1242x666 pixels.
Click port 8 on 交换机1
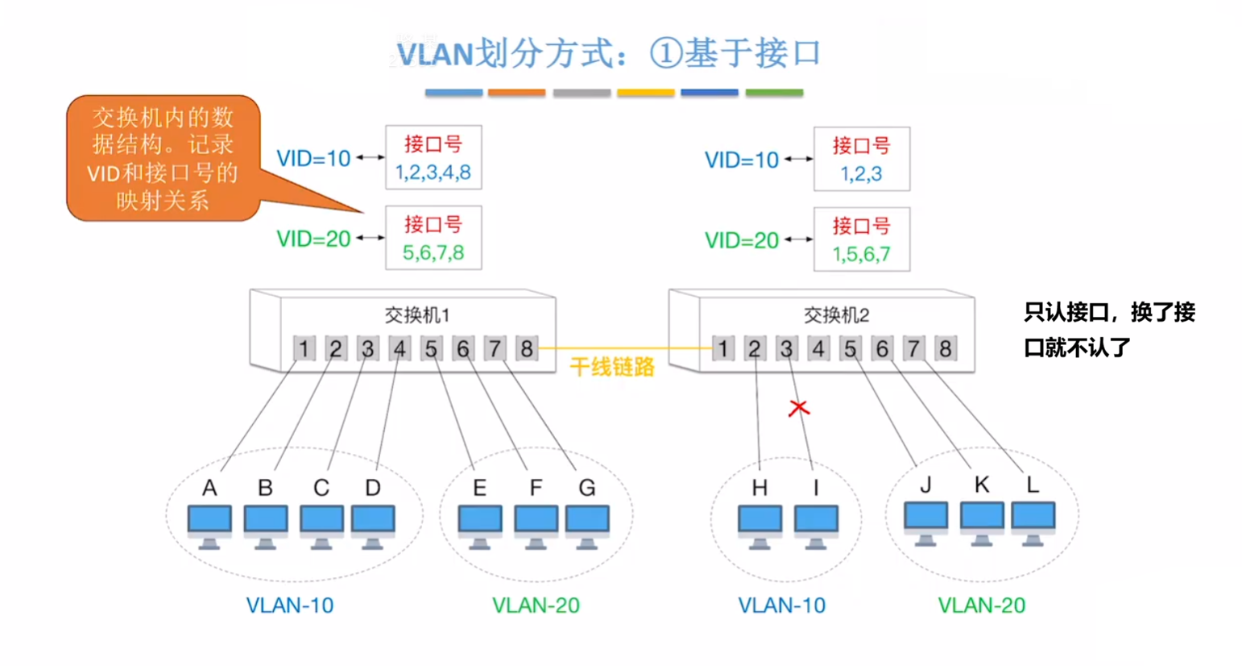(x=526, y=349)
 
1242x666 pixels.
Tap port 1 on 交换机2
(x=722, y=349)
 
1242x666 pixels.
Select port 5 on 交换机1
(x=431, y=349)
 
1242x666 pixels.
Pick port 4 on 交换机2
(x=818, y=349)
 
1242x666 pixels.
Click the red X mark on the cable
(x=798, y=408)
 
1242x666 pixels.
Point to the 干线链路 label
(x=611, y=368)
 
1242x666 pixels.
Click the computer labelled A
(x=209, y=526)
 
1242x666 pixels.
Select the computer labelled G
(x=587, y=526)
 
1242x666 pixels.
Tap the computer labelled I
(x=816, y=526)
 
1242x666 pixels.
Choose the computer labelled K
(x=981, y=522)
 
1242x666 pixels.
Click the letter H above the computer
(x=760, y=488)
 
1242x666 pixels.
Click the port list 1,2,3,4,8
(x=433, y=173)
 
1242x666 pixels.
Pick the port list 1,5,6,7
(x=861, y=255)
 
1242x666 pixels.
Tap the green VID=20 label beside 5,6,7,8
(x=313, y=239)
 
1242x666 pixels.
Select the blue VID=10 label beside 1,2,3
(x=741, y=160)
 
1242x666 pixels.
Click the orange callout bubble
(x=164, y=158)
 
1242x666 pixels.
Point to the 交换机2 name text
(x=836, y=315)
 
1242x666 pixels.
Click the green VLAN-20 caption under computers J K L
(x=981, y=606)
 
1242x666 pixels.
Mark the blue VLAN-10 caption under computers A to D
(x=289, y=606)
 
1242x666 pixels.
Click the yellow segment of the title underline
(x=645, y=93)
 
